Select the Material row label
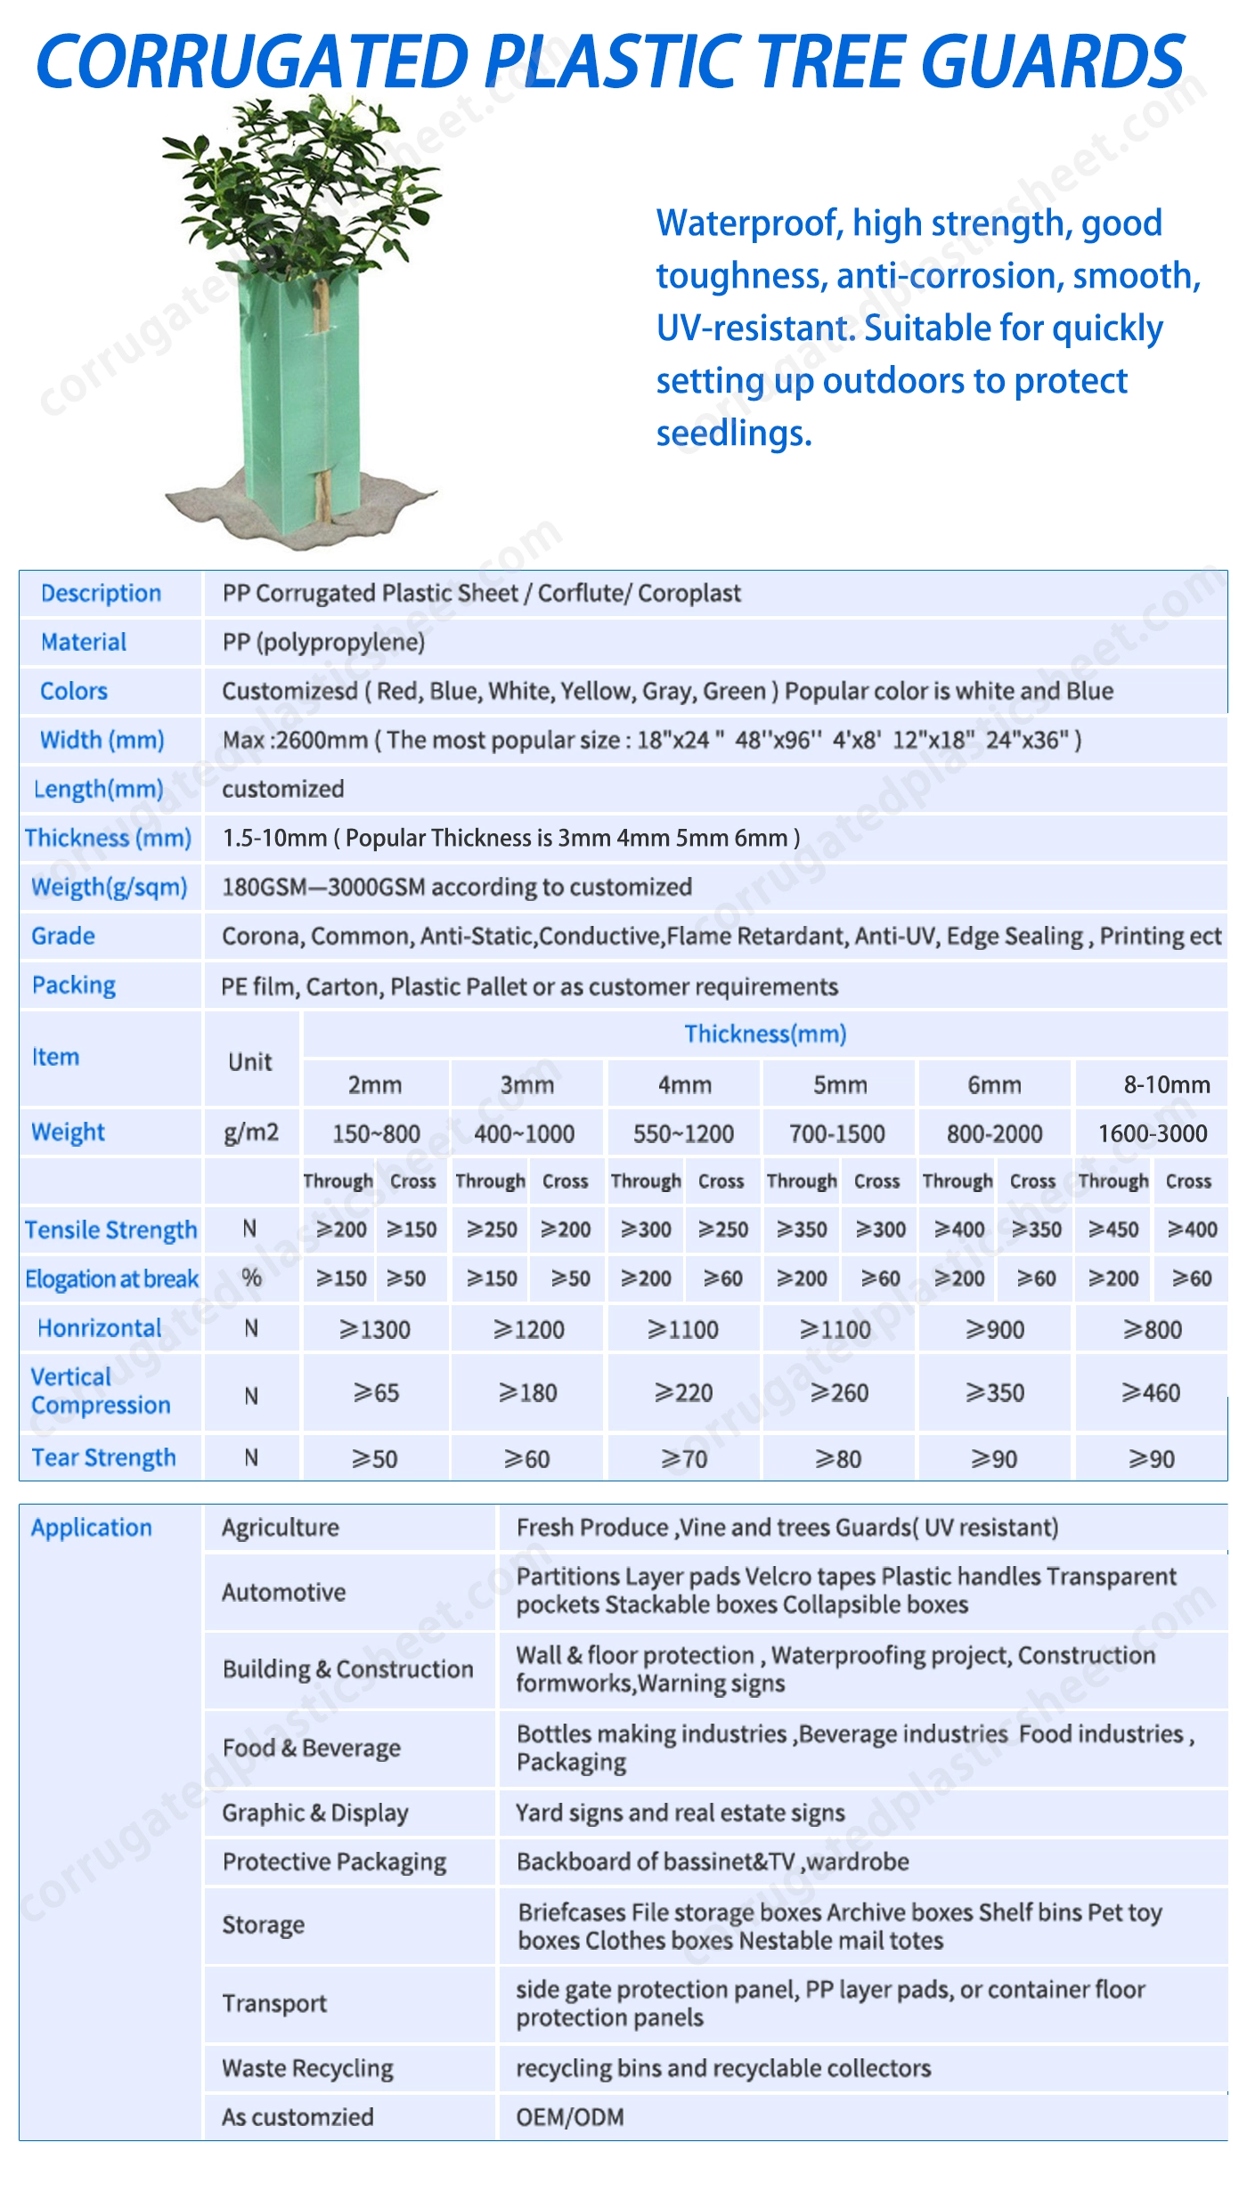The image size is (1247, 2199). (84, 642)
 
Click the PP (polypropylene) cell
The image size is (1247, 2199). (323, 642)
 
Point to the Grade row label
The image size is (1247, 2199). (63, 936)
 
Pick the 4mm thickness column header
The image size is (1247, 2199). (684, 1084)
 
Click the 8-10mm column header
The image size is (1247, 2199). (1166, 1084)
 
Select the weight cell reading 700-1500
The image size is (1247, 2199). (837, 1133)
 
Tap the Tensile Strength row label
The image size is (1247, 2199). (111, 1229)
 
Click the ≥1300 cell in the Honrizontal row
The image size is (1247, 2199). (375, 1329)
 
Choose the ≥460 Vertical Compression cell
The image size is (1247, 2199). (1151, 1392)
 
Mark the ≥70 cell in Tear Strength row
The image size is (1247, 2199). (684, 1458)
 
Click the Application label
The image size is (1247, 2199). (92, 1528)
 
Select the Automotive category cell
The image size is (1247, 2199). (284, 1592)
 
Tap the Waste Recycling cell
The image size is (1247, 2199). (307, 2068)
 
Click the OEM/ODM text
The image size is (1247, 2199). (570, 2116)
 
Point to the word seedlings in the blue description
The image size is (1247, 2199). (734, 434)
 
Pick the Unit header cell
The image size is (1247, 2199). (250, 1061)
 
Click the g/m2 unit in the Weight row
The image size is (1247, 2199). (251, 1132)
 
